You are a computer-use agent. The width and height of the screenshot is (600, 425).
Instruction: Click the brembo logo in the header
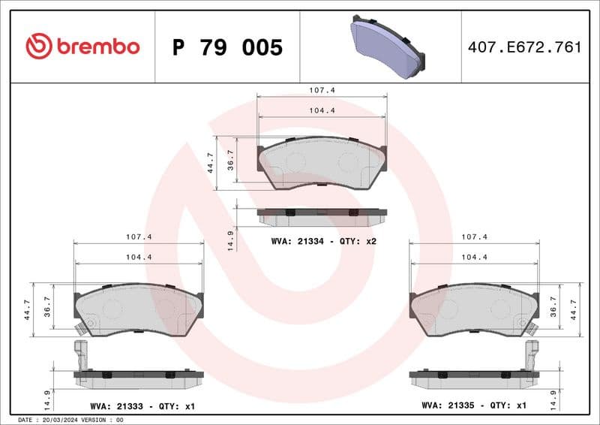click(82, 47)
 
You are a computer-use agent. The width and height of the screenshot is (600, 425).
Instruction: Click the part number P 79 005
click(227, 47)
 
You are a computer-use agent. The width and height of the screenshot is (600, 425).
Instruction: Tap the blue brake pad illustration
click(386, 47)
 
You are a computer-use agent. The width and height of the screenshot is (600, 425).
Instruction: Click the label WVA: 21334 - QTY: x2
click(322, 241)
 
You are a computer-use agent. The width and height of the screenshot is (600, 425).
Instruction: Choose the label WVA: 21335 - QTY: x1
click(474, 405)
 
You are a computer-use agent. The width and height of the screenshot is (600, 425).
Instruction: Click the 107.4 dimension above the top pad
click(322, 89)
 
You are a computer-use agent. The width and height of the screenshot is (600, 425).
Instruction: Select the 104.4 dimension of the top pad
click(322, 110)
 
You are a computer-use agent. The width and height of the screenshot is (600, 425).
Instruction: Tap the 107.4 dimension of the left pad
click(139, 237)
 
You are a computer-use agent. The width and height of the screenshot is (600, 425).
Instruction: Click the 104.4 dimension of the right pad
click(474, 257)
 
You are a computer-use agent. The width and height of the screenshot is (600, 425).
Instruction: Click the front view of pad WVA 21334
click(322, 163)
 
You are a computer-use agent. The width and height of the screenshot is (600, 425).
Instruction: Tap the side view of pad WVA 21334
click(322, 217)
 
